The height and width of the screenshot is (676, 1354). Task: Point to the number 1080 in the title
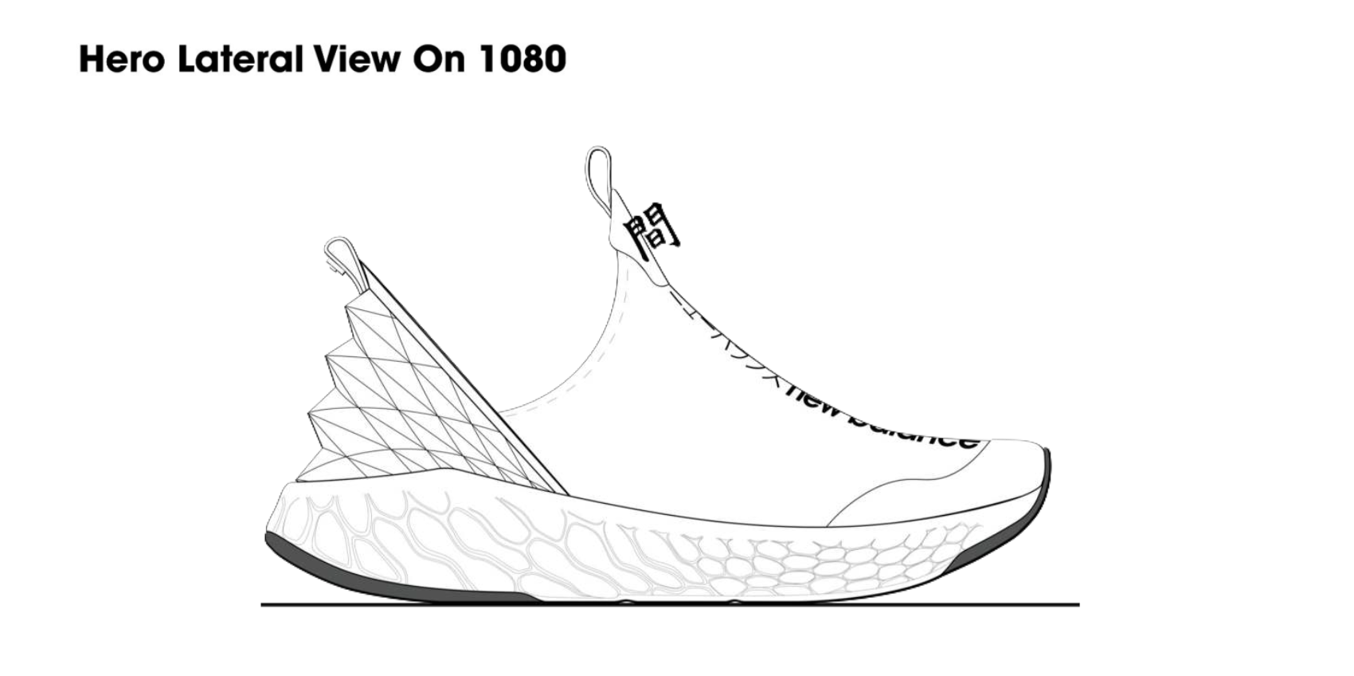(x=522, y=59)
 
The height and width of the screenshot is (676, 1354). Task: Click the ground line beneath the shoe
(x=669, y=605)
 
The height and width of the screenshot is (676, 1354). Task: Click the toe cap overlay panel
(x=940, y=486)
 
